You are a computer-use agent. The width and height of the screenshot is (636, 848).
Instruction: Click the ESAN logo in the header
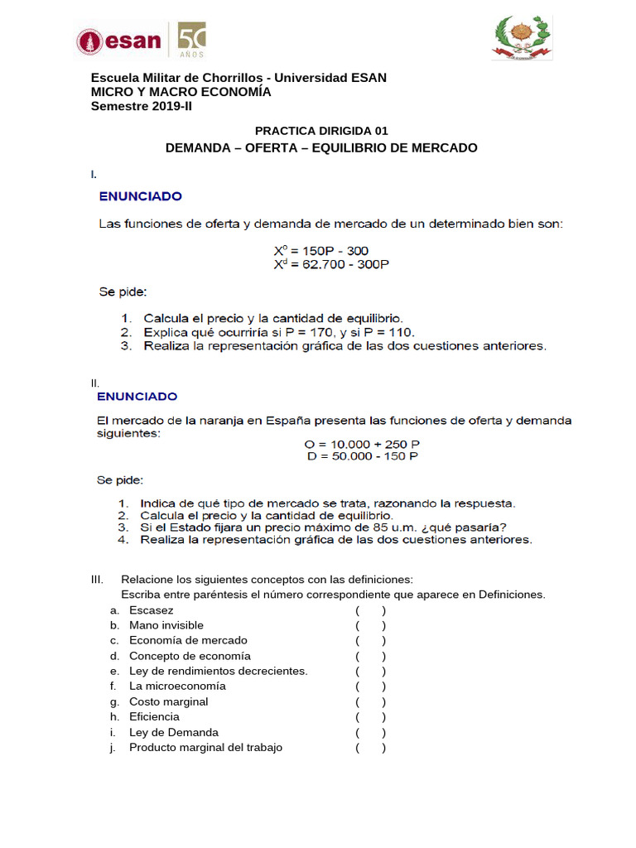(119, 41)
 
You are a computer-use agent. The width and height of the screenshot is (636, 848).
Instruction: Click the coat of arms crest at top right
(521, 38)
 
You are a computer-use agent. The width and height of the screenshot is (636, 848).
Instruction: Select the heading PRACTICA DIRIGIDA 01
(321, 131)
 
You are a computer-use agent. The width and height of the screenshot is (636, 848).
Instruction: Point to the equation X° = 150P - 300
(321, 250)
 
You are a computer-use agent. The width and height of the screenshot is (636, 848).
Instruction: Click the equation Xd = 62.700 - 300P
(330, 264)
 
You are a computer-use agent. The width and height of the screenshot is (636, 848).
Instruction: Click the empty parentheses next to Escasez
(370, 610)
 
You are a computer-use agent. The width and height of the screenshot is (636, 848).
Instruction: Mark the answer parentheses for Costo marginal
(370, 701)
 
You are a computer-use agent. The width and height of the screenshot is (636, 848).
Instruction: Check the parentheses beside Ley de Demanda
(370, 732)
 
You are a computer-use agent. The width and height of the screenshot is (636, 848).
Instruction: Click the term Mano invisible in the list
(166, 625)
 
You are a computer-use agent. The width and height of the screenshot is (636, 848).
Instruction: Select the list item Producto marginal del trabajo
(205, 748)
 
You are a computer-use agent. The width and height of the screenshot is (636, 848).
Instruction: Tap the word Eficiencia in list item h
(154, 717)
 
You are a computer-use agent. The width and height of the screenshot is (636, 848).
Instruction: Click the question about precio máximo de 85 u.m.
(323, 527)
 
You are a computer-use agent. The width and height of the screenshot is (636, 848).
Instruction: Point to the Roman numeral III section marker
(97, 579)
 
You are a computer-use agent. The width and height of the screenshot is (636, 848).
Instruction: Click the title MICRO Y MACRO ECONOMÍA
(181, 92)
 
